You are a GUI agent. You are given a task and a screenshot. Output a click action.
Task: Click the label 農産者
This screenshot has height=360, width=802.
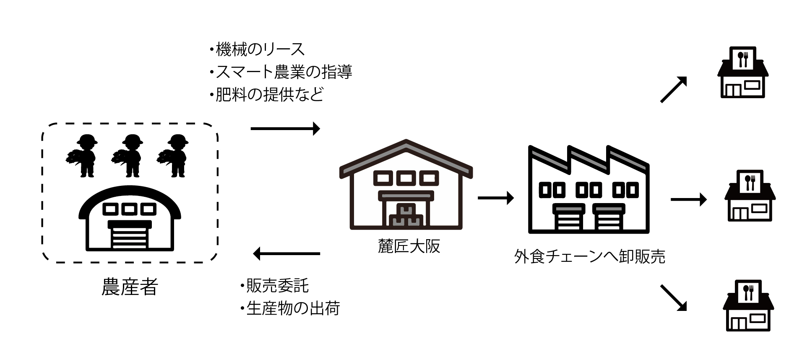(x=130, y=287)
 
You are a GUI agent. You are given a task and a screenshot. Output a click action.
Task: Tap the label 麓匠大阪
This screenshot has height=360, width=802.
(x=409, y=246)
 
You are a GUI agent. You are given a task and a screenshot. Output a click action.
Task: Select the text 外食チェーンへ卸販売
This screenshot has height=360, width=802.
(x=589, y=256)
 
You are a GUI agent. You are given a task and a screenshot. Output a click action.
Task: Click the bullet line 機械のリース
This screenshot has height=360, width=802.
(x=257, y=50)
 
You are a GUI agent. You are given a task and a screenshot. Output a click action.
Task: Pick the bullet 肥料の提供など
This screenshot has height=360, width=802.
(x=267, y=94)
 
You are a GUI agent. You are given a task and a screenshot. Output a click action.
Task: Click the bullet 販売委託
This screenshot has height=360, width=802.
(x=275, y=286)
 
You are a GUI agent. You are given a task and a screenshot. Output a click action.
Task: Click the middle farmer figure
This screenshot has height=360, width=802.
(x=129, y=156)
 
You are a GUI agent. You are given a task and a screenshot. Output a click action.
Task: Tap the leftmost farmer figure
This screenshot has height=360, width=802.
(x=83, y=156)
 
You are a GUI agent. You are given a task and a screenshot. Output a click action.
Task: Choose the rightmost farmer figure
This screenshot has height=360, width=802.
(x=174, y=156)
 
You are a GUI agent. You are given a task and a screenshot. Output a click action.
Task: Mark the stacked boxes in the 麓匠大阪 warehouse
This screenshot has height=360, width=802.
(x=406, y=217)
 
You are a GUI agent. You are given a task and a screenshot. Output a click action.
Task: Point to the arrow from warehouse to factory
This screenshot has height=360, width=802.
(x=495, y=198)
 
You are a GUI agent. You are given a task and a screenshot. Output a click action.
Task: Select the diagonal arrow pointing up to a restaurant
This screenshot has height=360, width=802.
(x=674, y=90)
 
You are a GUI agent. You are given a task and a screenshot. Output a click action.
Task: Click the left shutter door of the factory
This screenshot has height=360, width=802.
(x=569, y=218)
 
